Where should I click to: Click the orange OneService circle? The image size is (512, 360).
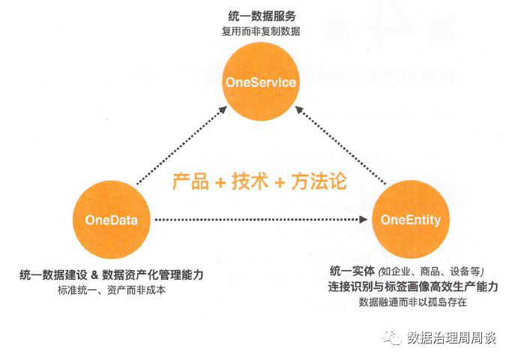coord(261,82)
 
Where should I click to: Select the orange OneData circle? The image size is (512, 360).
coord(112,220)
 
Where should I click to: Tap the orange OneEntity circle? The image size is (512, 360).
coord(410,220)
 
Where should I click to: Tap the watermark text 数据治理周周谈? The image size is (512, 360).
coord(451,337)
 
